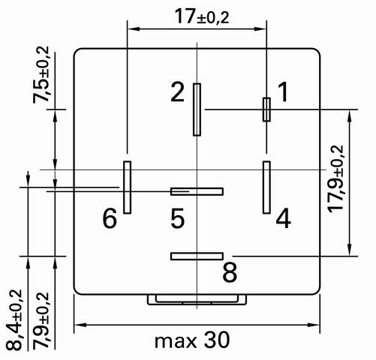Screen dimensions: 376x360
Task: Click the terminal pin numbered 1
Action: [x=266, y=109]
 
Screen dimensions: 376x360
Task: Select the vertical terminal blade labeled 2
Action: [x=197, y=109]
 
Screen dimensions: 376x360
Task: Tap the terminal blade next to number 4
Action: [x=266, y=187]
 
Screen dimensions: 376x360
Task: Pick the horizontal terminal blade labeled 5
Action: [x=197, y=191]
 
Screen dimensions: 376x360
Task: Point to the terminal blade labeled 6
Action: [x=127, y=187]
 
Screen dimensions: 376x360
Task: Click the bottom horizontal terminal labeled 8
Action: [x=197, y=256]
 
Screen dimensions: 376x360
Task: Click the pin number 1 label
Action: [x=283, y=92]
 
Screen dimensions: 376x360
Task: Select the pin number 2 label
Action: [x=177, y=92]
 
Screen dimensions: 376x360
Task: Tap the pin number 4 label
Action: [x=283, y=218]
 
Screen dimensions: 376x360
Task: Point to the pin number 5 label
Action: [x=177, y=218]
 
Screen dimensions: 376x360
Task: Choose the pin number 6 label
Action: [x=110, y=218]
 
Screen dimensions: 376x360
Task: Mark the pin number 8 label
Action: [x=230, y=272]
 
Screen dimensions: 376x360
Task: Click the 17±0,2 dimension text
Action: [x=202, y=16]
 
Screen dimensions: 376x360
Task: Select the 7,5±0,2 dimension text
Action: [x=41, y=74]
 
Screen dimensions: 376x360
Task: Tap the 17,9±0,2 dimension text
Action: [x=336, y=178]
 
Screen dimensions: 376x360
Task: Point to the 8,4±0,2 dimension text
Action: [x=14, y=320]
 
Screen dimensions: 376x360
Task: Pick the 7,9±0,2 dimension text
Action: [x=41, y=321]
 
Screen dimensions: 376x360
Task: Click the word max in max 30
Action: [x=176, y=341]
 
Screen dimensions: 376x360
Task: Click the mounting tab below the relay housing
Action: [x=197, y=300]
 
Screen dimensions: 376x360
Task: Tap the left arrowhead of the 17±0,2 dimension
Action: [x=133, y=29]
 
